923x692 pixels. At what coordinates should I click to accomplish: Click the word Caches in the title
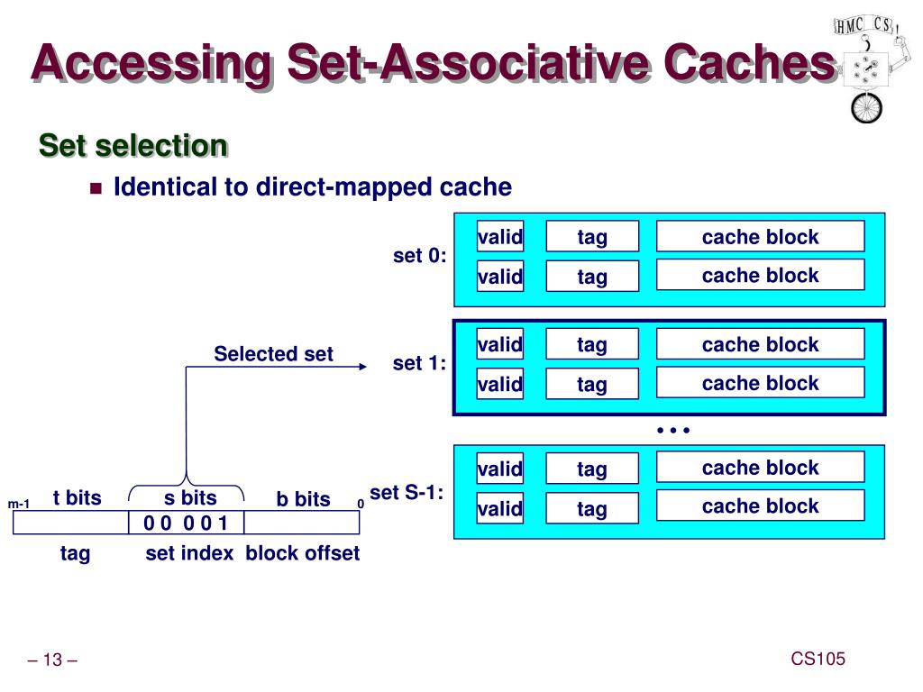pos(749,62)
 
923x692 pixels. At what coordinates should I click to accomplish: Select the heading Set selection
pos(133,145)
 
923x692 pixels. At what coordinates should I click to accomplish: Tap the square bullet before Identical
pos(96,188)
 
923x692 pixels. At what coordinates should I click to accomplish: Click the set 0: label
pos(420,256)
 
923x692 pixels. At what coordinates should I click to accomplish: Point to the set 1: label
pos(420,363)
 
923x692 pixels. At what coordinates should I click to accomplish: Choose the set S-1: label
pos(407,493)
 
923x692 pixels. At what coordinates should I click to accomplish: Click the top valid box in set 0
pos(499,237)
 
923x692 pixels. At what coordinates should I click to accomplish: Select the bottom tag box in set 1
pos(592,384)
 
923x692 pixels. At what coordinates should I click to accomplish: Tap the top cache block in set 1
pos(761,343)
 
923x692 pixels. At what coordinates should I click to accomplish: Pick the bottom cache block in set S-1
pos(761,505)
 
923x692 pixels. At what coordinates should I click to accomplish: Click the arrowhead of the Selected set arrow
pos(362,367)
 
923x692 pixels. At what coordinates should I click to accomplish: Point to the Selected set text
pos(273,353)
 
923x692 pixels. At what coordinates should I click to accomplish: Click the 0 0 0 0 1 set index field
pos(186,523)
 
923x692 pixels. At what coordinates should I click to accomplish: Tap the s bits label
pos(190,497)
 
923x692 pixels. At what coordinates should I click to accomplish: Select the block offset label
pos(303,553)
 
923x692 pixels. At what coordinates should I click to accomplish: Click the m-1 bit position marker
pos(18,504)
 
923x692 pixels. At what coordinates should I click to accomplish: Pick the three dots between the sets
pos(672,430)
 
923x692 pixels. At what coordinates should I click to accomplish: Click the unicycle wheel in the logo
pos(866,108)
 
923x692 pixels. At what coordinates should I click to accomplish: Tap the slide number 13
pos(52,660)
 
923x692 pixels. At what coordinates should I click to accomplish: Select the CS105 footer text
pos(818,659)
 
